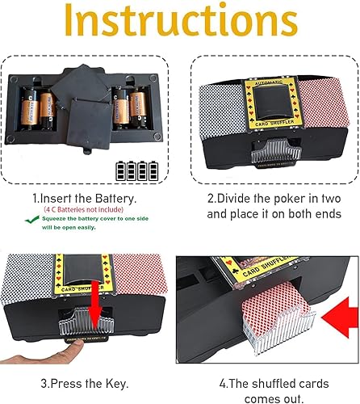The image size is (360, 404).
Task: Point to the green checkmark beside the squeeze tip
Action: point(38,227)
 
